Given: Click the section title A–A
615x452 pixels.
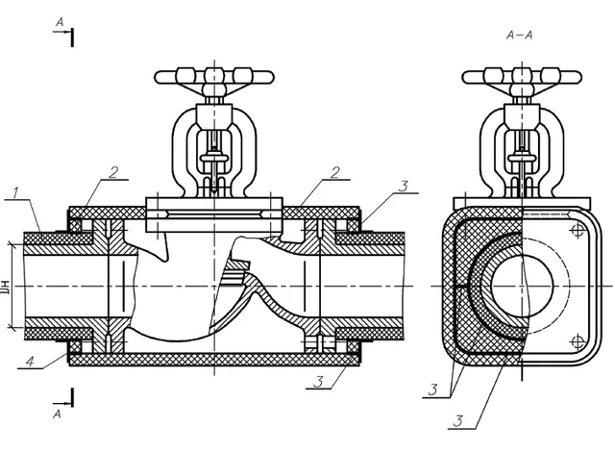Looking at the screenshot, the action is (x=519, y=36).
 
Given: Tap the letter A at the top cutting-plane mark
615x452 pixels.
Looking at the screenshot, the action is (x=60, y=23).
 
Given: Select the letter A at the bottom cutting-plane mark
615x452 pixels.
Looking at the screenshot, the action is (x=58, y=414).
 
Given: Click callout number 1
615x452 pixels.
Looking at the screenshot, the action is (x=15, y=193).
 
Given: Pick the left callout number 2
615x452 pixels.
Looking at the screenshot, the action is (x=113, y=173).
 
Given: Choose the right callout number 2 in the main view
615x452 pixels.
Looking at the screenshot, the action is (x=335, y=173).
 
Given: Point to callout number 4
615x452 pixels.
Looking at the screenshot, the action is (x=30, y=362).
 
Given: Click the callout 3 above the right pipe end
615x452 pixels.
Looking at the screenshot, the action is (x=404, y=187).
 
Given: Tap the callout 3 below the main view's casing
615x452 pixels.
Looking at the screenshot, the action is (x=320, y=382).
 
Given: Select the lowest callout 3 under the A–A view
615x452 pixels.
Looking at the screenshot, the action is (x=457, y=421).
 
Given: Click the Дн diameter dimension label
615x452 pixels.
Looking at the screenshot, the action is (x=6, y=287).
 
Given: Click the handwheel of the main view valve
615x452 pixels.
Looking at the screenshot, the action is (x=214, y=77).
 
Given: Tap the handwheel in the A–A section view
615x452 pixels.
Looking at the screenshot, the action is (x=522, y=77).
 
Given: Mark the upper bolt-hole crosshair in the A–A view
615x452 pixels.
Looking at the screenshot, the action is (x=578, y=231).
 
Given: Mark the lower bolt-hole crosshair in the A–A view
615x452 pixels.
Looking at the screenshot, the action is (x=578, y=341).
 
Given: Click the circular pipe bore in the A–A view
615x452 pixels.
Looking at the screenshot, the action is (x=522, y=286).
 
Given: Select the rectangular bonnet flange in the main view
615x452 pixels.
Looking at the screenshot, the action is (x=214, y=214).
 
